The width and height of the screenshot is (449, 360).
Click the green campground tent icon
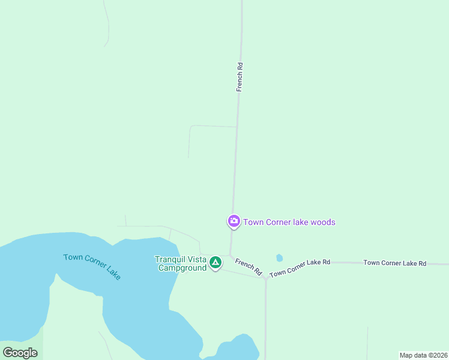[215, 262]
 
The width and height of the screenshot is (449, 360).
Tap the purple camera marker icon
[234, 221]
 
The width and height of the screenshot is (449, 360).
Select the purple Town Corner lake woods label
[289, 222]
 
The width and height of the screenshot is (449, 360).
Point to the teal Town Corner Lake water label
[92, 266]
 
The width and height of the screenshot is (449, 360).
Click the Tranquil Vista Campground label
[181, 263]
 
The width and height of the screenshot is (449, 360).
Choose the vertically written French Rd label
[240, 77]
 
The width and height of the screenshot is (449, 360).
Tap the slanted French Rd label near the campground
[249, 266]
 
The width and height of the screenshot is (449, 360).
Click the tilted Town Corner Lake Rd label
[300, 268]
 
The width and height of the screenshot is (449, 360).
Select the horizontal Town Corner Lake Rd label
[395, 263]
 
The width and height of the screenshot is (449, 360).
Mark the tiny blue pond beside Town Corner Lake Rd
[279, 258]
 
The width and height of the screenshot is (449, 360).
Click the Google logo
[20, 353]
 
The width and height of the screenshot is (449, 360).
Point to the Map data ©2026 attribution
[423, 355]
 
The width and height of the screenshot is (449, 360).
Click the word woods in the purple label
[324, 222]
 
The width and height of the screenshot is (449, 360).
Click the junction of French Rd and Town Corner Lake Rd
[265, 278]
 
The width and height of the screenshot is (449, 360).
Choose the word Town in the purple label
[253, 222]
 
